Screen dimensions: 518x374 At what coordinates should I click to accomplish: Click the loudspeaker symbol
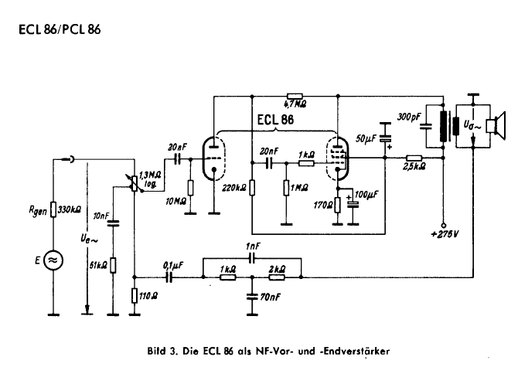point(496,125)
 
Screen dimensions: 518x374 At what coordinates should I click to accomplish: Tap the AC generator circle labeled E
point(53,260)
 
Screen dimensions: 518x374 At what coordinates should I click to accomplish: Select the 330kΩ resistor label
point(69,209)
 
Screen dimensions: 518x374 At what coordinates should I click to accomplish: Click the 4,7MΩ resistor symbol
point(295,96)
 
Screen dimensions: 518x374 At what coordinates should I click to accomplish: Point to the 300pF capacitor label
point(410,117)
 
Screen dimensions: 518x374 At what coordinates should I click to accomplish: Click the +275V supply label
point(445,234)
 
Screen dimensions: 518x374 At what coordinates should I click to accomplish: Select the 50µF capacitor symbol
point(385,138)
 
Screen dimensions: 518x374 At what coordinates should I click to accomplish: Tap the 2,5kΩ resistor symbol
point(414,158)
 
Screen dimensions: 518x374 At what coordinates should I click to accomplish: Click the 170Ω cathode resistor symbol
point(338,205)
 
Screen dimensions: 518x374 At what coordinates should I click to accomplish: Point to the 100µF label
point(366,195)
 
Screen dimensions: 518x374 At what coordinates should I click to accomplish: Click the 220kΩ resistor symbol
point(252,187)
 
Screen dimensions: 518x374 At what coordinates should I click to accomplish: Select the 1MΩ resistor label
point(299,188)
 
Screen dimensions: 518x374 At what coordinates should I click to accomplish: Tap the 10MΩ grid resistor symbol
point(190,188)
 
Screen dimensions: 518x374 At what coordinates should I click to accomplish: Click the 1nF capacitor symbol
point(252,258)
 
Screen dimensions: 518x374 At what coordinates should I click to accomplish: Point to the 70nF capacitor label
point(270,297)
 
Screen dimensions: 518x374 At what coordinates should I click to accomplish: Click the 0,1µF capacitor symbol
point(169,277)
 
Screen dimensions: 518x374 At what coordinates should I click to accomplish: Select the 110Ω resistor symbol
point(134,295)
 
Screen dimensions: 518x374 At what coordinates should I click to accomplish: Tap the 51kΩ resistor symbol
point(113,265)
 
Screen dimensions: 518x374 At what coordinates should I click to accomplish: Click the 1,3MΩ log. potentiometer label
point(150,179)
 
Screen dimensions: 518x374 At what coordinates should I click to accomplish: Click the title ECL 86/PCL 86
point(60,29)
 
